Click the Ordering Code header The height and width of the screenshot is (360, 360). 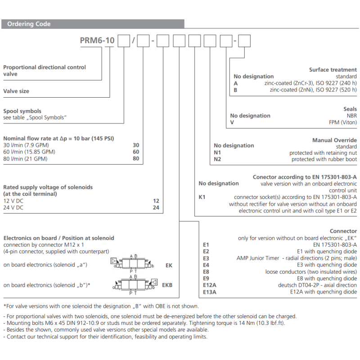pos(29,24)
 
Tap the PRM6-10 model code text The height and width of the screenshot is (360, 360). pos(97,41)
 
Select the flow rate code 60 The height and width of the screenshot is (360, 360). pos(135,152)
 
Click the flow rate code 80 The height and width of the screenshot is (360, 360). pos(135,158)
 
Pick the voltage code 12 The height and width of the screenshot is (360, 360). pos(156,201)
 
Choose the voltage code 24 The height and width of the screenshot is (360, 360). pos(156,207)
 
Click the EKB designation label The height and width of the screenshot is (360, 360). pos(167,285)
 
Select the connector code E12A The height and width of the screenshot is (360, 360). pos(210,285)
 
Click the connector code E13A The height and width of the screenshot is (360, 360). pos(210,292)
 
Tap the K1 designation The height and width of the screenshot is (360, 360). pos(202,197)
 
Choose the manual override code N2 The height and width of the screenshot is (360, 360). pos(217,159)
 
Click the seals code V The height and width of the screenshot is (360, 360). pos(232,122)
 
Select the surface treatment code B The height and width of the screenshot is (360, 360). pos(235,90)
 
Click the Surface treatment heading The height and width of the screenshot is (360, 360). pos(333,70)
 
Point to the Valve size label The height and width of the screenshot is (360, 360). pos(16,91)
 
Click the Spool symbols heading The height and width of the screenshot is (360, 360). pos(22,111)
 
